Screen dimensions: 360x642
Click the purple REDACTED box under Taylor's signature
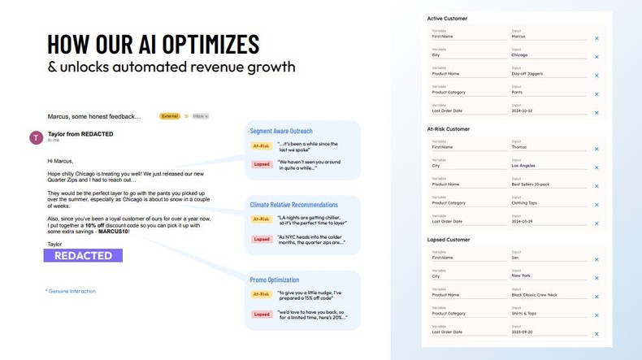point(83,255)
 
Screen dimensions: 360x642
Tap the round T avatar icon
point(36,137)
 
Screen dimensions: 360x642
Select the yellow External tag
point(170,116)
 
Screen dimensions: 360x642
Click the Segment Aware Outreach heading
point(281,131)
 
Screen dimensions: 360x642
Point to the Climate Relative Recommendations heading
point(294,205)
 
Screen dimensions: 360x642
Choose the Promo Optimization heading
point(275,280)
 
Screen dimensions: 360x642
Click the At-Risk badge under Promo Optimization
point(262,295)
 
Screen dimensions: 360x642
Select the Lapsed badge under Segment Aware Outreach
point(262,165)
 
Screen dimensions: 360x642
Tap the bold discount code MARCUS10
point(112,232)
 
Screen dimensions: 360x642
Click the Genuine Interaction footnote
point(72,291)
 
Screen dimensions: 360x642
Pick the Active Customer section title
point(447,19)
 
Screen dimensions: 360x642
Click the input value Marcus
point(518,37)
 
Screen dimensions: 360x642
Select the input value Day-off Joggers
point(527,74)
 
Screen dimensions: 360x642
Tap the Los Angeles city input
point(523,166)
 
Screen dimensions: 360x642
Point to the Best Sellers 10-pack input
point(531,184)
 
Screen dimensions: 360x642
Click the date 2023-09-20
point(521,332)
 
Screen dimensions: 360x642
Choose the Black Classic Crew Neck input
point(534,295)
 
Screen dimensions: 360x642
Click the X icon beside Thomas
point(596,149)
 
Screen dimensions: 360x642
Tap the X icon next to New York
point(596,278)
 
